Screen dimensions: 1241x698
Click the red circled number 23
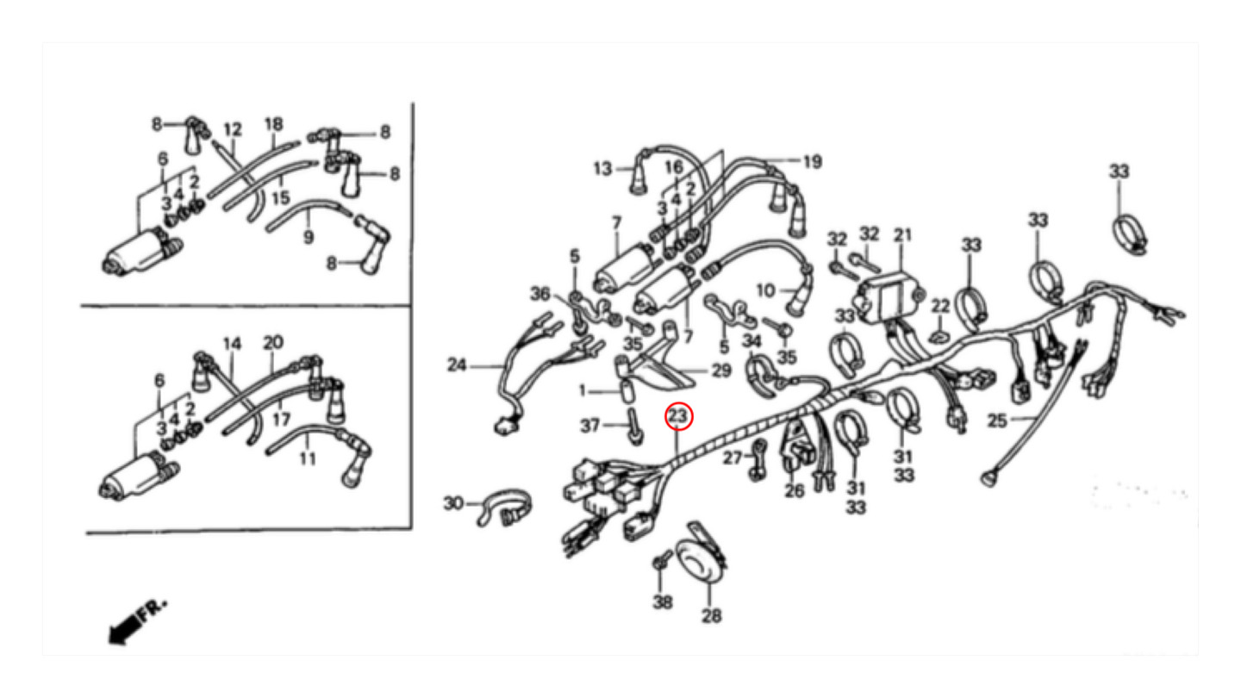click(x=679, y=416)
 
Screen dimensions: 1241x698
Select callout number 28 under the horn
click(x=712, y=615)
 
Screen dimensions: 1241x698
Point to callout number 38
click(x=663, y=602)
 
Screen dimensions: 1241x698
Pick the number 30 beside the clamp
click(x=453, y=503)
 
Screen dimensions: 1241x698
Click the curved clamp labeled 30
click(x=504, y=507)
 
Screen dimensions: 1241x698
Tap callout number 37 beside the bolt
click(x=590, y=426)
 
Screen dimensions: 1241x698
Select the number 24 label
click(x=457, y=365)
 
